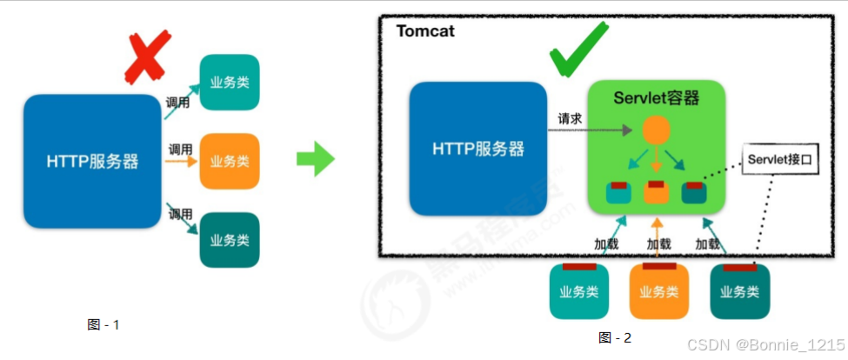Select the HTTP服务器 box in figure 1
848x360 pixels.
click(92, 162)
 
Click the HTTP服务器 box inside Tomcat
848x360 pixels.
click(477, 148)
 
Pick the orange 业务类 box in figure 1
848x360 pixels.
click(230, 161)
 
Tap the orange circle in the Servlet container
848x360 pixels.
click(655, 131)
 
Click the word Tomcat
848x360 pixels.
click(425, 31)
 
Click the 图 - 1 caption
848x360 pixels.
click(103, 324)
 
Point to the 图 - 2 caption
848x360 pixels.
click(615, 337)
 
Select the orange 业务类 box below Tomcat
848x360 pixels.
click(659, 291)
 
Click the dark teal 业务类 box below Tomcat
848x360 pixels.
click(739, 291)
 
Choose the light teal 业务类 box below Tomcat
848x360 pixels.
click(578, 291)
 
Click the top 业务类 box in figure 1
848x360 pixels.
click(230, 83)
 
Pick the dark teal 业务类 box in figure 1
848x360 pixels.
click(230, 239)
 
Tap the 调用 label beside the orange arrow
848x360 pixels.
click(180, 148)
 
